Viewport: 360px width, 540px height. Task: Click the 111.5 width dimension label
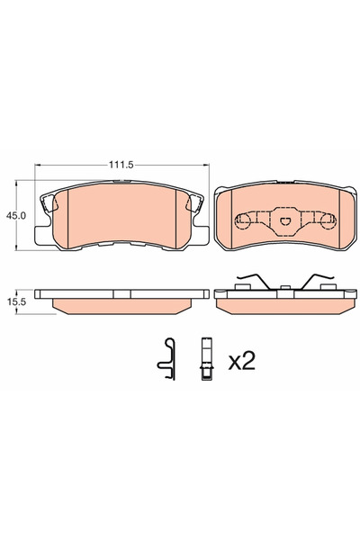(x=123, y=166)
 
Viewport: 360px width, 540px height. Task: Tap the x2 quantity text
(x=241, y=362)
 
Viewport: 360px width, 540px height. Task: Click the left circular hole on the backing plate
(x=242, y=219)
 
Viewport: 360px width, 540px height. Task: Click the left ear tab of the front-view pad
(x=42, y=237)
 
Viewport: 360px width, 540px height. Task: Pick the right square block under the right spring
(x=325, y=287)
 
